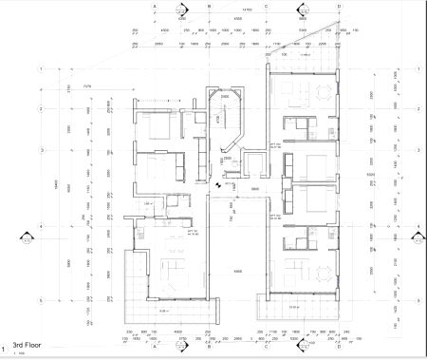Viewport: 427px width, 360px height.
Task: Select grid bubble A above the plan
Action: pyautogui.click(x=154, y=5)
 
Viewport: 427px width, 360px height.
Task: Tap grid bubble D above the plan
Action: pyautogui.click(x=302, y=5)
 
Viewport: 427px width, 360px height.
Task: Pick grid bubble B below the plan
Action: pyautogui.click(x=208, y=345)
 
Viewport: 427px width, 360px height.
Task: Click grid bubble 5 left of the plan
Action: pyautogui.click(x=41, y=296)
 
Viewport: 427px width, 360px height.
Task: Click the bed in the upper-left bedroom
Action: pyautogui.click(x=156, y=127)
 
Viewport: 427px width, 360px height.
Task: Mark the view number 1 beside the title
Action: pyautogui.click(x=6, y=348)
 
